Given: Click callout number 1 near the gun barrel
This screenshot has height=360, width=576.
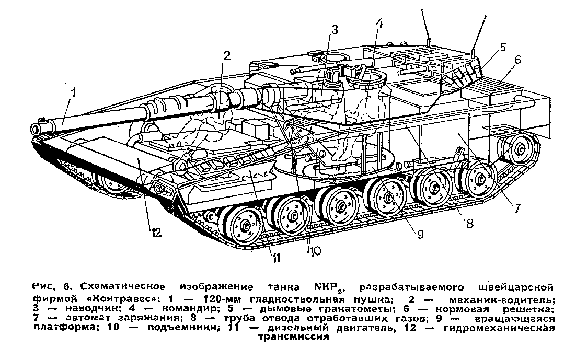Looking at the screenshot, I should [74, 94].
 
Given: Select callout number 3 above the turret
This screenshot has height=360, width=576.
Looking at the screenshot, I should [334, 30].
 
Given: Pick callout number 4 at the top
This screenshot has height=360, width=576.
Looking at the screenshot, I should [380, 24].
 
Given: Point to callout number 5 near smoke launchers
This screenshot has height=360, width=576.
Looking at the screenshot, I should [502, 47].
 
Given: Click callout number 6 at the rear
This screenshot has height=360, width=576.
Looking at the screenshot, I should [517, 60].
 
